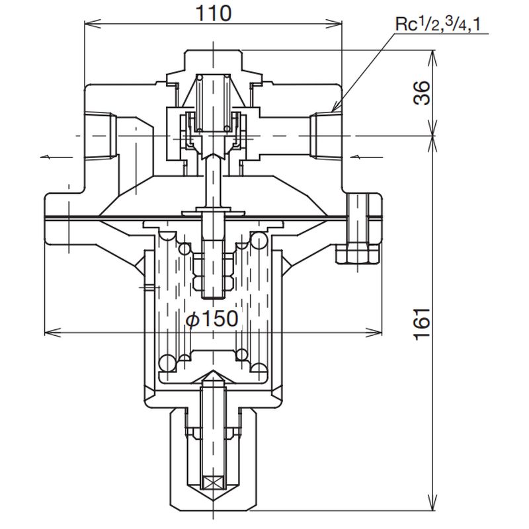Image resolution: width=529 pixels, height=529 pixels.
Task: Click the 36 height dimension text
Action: [422, 93]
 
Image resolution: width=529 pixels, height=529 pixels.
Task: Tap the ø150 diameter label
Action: [212, 319]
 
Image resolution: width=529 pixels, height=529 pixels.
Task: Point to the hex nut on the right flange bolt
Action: [358, 253]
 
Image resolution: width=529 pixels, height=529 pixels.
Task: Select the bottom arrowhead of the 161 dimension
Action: [434, 506]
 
